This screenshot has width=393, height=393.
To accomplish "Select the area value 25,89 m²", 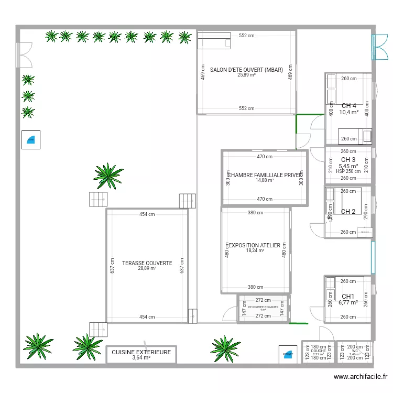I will click(x=246, y=75).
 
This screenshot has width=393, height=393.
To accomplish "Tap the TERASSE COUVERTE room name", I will click(x=147, y=263).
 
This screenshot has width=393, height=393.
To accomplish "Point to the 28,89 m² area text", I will click(x=147, y=268).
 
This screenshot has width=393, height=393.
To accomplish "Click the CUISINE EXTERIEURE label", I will click(x=141, y=352).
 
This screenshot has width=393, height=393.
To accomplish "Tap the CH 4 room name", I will click(x=349, y=105).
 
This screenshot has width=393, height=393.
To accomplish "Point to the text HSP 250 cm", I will click(x=348, y=171).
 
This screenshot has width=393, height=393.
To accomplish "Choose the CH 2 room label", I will click(x=348, y=212).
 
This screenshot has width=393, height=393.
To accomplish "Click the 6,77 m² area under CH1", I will click(x=348, y=302).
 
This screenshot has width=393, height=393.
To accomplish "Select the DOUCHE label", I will click(x=318, y=351).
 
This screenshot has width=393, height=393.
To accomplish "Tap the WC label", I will click(x=355, y=351).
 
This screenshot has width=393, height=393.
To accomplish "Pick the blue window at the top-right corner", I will click(x=374, y=45).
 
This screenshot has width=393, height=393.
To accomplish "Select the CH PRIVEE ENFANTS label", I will click(x=263, y=307).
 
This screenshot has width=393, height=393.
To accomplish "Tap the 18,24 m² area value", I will click(x=255, y=250).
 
